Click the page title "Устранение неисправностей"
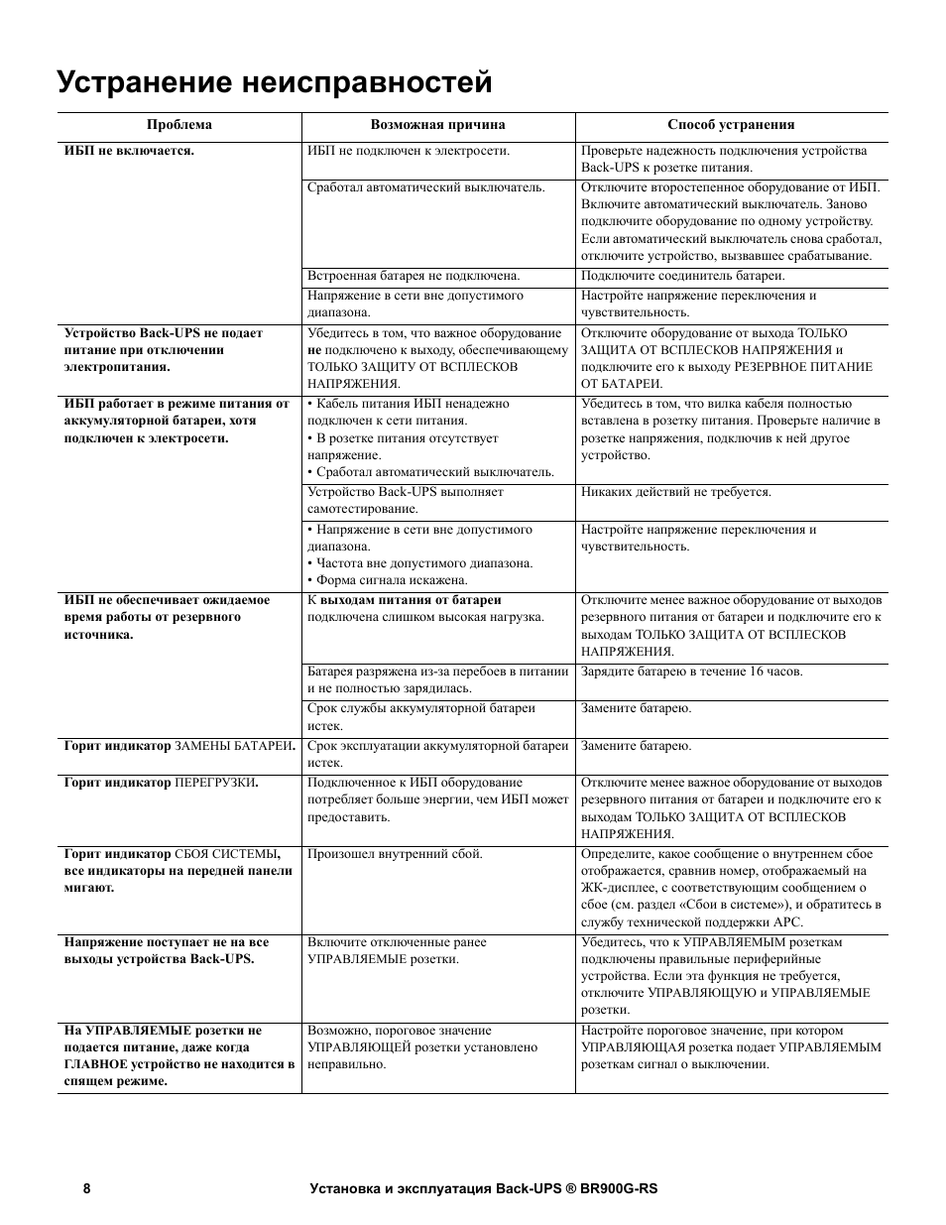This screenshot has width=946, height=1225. tap(275, 82)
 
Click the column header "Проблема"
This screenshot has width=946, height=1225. tap(179, 125)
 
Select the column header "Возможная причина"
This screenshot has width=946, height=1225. tap(437, 125)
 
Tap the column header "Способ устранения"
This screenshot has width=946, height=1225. tap(731, 125)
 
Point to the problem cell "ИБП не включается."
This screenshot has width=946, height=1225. tap(129, 151)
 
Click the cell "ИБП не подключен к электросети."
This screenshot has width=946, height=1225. tap(409, 151)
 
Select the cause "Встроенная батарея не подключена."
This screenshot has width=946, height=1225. tap(414, 276)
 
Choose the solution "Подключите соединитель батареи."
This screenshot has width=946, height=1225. tap(682, 276)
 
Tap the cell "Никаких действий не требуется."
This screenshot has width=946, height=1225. tap(676, 492)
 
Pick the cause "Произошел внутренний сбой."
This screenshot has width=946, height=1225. tap(395, 853)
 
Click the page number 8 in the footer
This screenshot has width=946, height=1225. tap(87, 1188)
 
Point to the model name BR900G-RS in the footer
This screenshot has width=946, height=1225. tap(619, 1188)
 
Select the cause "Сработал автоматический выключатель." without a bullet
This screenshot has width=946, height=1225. tap(425, 186)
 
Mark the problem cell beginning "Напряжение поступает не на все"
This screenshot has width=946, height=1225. tap(166, 942)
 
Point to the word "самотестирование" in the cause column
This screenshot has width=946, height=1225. tap(362, 509)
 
